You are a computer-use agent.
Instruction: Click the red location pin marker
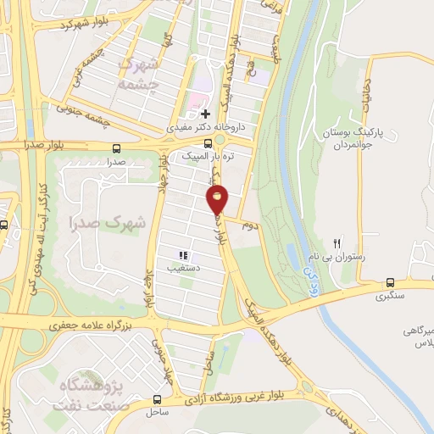point(218,200)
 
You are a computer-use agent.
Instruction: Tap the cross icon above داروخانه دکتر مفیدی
point(205,113)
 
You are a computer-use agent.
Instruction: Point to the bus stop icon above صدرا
point(115,148)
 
